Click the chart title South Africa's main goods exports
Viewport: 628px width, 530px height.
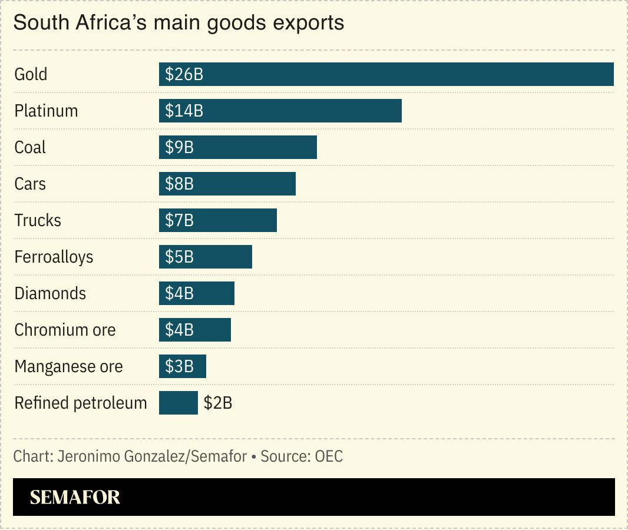(x=179, y=23)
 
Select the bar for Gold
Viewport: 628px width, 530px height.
(x=386, y=74)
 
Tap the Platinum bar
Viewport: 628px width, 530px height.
(x=280, y=111)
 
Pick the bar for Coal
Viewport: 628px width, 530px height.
(x=238, y=147)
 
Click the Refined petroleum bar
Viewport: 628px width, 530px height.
(x=178, y=403)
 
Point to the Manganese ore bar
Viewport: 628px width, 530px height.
(x=183, y=366)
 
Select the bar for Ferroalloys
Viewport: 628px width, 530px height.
(x=206, y=257)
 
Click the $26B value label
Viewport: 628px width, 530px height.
(x=184, y=75)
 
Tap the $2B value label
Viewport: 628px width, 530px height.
(x=218, y=403)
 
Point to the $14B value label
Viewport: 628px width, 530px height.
(x=184, y=111)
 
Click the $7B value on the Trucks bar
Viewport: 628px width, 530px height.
(x=179, y=221)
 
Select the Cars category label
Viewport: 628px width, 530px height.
(x=30, y=184)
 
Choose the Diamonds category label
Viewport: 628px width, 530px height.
(x=50, y=293)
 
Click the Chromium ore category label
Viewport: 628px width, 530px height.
(x=65, y=330)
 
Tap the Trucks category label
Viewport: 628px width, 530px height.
(x=38, y=220)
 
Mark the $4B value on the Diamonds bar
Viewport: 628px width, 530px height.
(x=179, y=294)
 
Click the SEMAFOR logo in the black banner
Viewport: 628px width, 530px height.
(x=75, y=497)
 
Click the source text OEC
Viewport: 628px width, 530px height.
(x=329, y=456)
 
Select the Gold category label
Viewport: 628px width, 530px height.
(x=31, y=74)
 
